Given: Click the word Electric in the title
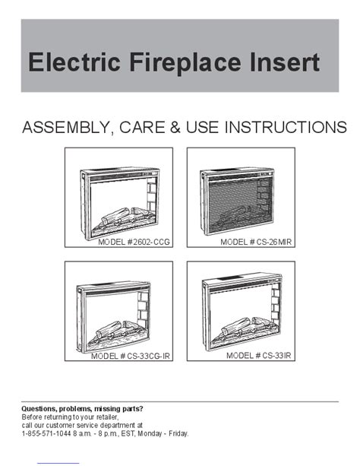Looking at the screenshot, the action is point(74,62).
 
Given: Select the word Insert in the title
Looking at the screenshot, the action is point(285,62).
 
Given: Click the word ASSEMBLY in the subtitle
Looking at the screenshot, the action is point(66,128).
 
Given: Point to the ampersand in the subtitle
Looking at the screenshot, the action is point(175,127).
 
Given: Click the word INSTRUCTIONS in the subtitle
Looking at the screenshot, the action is point(286,127).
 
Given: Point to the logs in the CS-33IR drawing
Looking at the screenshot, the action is point(248,326).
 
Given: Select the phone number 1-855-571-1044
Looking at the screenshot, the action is point(46,433).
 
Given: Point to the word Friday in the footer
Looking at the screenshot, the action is point(178,433).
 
